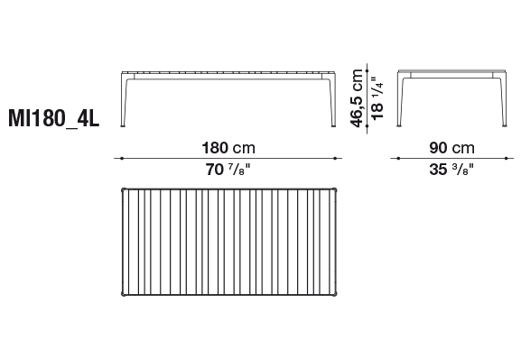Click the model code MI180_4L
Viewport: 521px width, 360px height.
coord(54,119)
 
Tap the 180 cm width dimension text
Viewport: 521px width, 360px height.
coord(228,148)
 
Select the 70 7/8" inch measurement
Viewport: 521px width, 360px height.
coord(228,170)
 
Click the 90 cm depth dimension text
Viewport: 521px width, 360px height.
coord(451,148)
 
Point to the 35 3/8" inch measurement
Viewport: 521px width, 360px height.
coord(451,170)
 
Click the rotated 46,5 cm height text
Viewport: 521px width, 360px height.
coord(357,98)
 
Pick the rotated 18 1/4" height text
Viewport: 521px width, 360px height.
coord(377,98)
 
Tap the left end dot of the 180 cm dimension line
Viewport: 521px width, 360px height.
coord(122,159)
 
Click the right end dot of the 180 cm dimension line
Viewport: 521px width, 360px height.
coord(335,159)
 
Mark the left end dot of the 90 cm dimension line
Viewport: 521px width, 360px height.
coord(398,159)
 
